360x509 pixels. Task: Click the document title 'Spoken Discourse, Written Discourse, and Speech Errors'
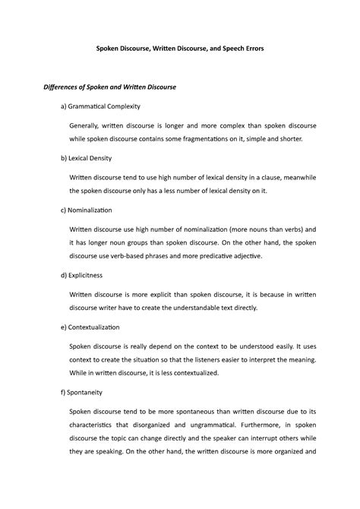pos(179,49)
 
